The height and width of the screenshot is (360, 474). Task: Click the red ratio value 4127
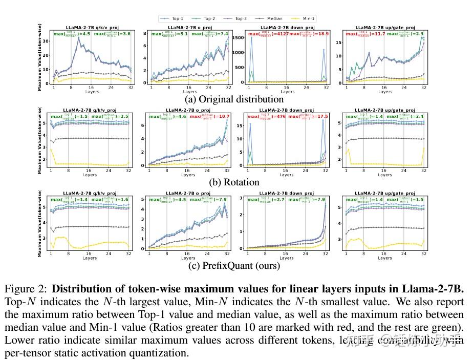277,34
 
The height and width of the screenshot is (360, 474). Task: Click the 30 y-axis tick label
47,40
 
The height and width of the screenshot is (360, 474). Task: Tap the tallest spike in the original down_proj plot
251,37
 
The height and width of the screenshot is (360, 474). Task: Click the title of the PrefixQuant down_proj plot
287,193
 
